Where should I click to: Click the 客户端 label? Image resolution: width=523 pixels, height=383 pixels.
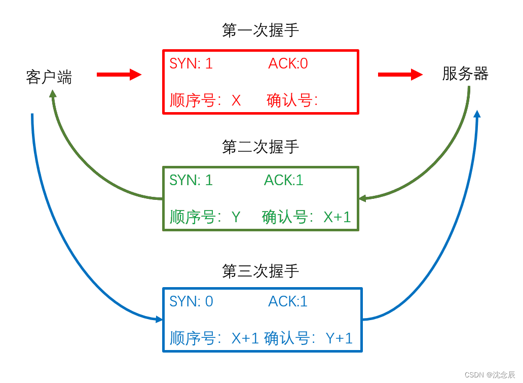49,77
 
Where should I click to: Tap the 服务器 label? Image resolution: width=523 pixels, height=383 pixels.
465,74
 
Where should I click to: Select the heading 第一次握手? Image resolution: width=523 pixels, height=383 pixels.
260,30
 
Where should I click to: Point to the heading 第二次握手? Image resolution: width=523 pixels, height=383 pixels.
260,147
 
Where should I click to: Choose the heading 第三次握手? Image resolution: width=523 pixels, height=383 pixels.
260,271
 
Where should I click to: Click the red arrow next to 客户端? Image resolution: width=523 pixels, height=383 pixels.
119,75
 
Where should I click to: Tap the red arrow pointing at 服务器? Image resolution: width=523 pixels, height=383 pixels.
400,75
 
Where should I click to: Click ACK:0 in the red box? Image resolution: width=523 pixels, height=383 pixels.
288,63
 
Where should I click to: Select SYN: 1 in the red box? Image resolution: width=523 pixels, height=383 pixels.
191,63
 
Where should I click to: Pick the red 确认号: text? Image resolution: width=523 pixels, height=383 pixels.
292,100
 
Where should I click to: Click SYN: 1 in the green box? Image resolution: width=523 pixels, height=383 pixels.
191,180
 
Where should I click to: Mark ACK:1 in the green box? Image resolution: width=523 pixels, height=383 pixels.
283,180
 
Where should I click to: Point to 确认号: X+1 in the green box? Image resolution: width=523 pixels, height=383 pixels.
306,217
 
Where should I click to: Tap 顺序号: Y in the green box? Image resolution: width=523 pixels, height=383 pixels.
205,217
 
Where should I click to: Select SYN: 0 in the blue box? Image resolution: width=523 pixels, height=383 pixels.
191,301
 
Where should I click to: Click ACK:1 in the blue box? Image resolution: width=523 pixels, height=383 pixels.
288,301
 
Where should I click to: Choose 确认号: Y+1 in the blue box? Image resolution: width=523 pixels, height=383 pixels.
308,338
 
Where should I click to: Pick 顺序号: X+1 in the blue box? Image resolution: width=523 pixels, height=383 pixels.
215,338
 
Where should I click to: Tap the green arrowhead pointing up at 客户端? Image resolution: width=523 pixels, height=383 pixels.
53,94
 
